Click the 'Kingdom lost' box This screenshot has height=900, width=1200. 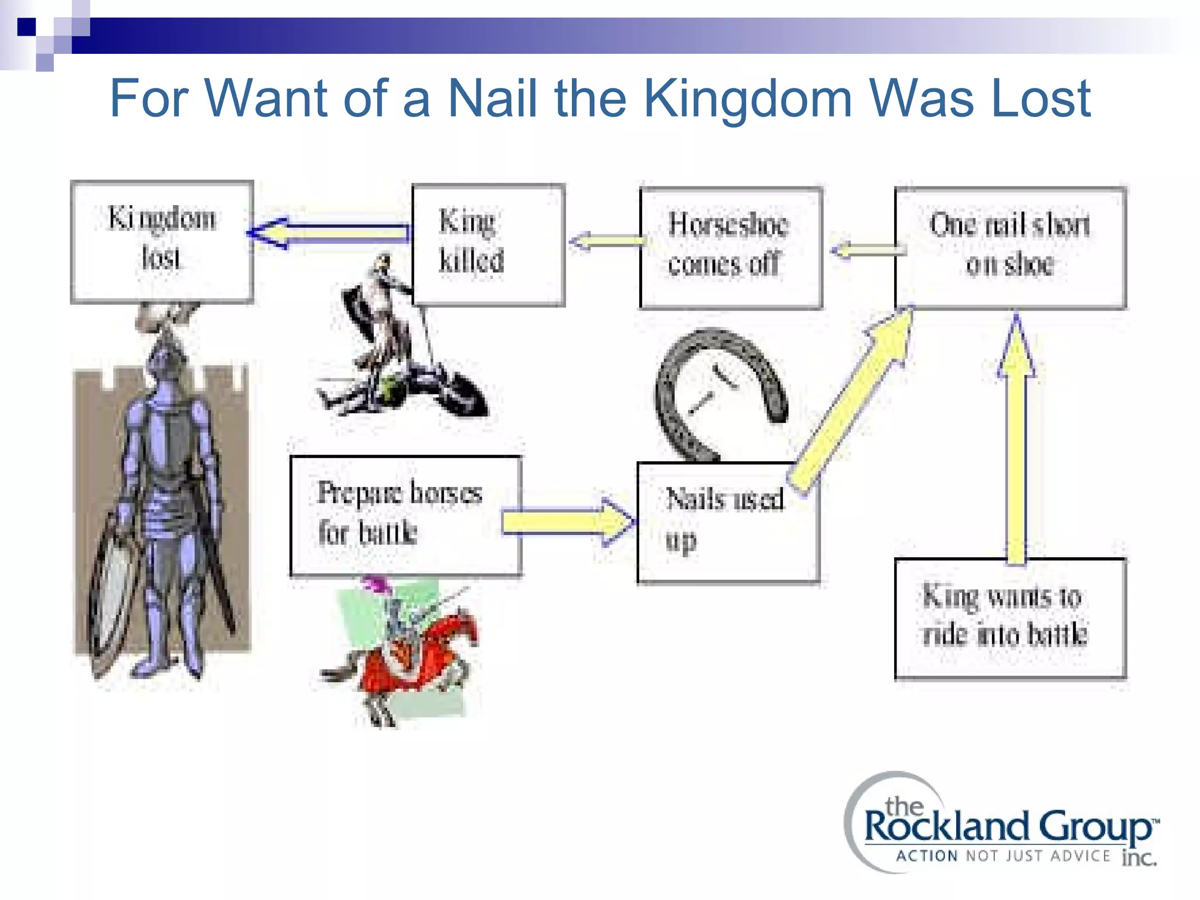[162, 241]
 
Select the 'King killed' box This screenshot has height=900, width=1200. [488, 244]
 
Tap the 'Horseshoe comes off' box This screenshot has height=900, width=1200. [731, 247]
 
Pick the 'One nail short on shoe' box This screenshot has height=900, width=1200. [1010, 247]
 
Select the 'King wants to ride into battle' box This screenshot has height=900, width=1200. [1010, 619]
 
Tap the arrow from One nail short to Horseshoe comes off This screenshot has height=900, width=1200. [867, 250]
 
